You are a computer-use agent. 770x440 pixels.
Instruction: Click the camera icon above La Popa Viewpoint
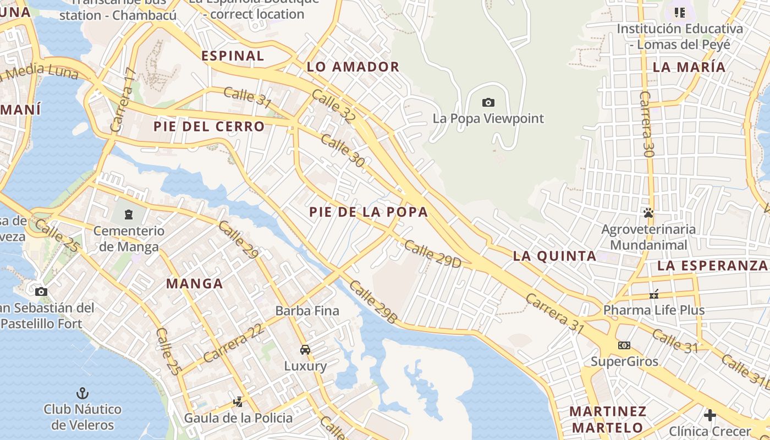pos(488,102)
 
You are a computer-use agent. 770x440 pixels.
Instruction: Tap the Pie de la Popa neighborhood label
pos(368,212)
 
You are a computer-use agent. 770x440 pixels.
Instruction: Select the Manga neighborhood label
pos(194,284)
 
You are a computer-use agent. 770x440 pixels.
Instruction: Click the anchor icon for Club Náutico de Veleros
pos(82,393)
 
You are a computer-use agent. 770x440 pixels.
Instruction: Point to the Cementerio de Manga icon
pos(129,214)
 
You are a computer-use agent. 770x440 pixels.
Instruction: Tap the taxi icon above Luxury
pos(305,350)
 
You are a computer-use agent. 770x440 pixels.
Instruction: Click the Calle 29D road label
pos(432,254)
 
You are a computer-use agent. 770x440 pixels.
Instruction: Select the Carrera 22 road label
pos(233,342)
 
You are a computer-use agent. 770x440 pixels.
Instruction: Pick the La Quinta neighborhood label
pos(554,256)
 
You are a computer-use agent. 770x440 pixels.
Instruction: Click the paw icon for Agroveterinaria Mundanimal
pos(648,212)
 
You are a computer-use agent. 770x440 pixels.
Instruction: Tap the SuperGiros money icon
pos(624,345)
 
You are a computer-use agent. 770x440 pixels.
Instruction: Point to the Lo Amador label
pos(353,67)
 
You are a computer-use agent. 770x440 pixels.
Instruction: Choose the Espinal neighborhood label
pos(233,56)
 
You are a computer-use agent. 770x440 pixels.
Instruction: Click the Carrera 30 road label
pos(647,124)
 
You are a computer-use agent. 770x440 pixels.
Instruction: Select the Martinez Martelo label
pos(607,419)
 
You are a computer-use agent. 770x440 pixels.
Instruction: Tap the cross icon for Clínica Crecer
pos(710,415)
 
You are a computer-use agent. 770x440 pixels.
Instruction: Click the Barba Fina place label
pos(307,311)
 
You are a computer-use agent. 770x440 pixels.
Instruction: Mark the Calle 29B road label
pos(373,302)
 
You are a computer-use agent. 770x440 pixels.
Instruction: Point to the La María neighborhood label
pos(689,67)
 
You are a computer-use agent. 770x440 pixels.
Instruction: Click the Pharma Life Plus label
pos(653,310)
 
